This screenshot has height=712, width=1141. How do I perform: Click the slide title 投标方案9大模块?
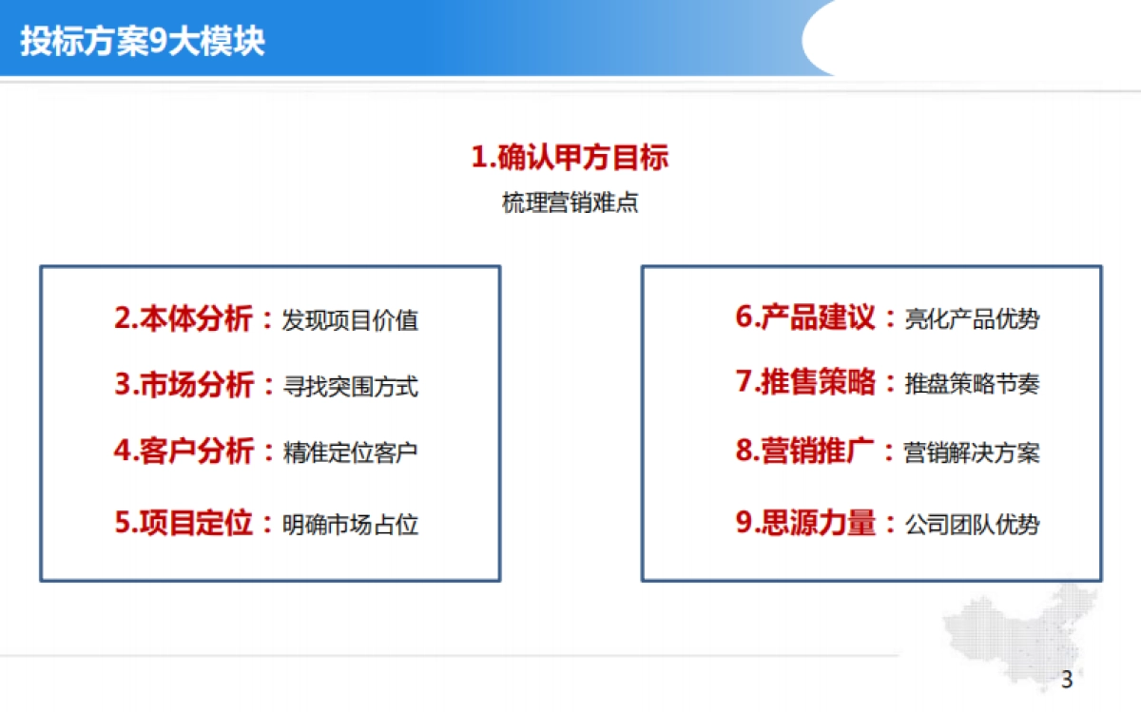tap(143, 43)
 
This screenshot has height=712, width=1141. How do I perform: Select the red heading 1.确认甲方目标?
tap(570, 157)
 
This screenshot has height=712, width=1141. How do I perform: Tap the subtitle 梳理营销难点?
tap(570, 203)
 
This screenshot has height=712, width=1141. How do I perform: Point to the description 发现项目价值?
tap(350, 320)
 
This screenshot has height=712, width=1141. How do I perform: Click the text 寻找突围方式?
tap(350, 387)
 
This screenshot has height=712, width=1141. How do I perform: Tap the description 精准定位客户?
tap(350, 452)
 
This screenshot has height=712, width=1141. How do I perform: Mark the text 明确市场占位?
tap(350, 525)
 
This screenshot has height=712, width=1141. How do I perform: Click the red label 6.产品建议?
tap(805, 318)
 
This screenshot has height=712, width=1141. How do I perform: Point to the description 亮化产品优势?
tap(972, 319)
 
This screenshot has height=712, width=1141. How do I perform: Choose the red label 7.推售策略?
tap(805, 382)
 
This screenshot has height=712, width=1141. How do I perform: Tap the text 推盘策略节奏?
tap(972, 384)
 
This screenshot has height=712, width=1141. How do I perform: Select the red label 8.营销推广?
tap(805, 451)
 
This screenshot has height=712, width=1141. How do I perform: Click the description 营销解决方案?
tap(972, 452)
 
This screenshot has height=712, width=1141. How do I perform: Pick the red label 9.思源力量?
tap(805, 523)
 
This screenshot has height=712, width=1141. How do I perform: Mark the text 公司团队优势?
tap(972, 525)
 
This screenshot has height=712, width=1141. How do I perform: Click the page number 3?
tap(1066, 680)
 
